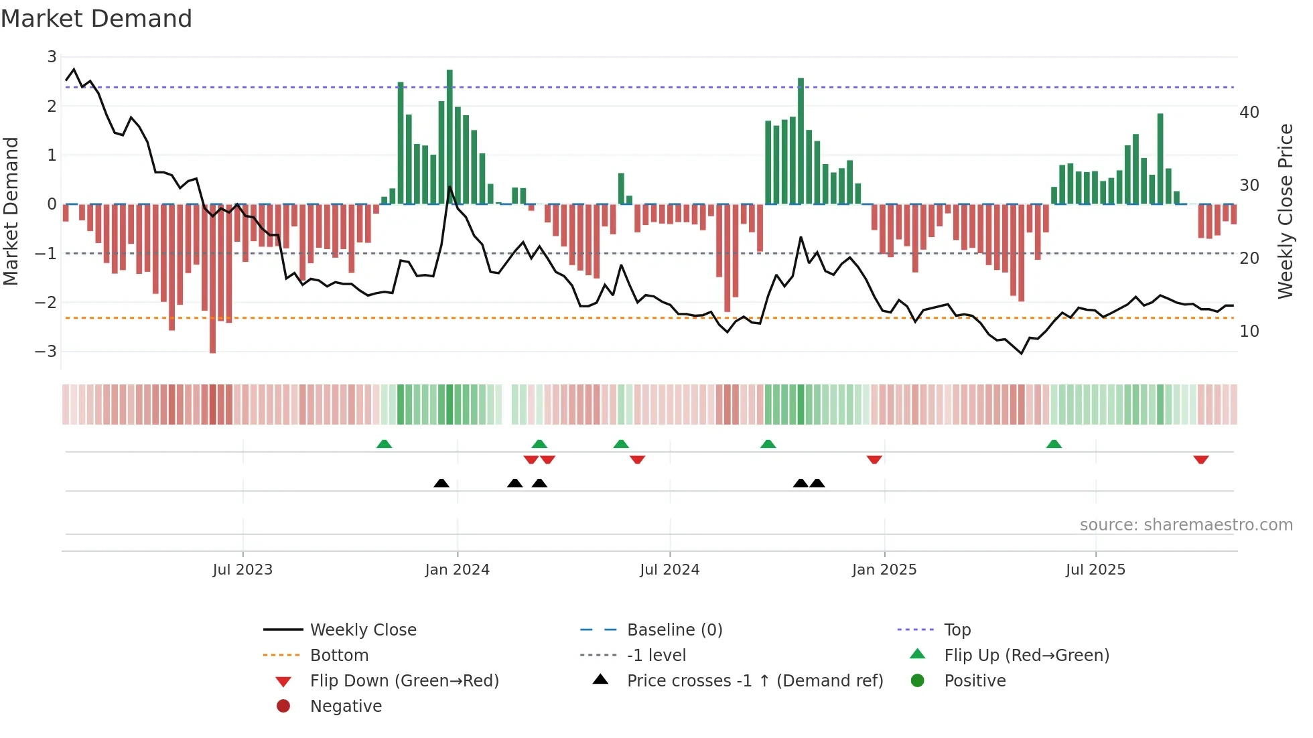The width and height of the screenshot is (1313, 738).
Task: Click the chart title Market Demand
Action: tap(96, 19)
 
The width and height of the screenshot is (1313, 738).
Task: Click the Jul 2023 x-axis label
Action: tap(243, 570)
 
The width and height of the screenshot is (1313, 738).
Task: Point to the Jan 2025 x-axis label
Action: tap(884, 570)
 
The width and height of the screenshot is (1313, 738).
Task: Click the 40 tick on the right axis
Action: tap(1249, 113)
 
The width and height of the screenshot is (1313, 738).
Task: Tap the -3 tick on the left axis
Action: tap(46, 352)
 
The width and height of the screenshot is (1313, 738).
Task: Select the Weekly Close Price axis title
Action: tap(1285, 211)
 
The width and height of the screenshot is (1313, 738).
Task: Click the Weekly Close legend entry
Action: tap(363, 630)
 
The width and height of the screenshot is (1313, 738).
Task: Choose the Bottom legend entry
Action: tap(339, 656)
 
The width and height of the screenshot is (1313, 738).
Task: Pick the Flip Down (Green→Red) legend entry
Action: tap(404, 681)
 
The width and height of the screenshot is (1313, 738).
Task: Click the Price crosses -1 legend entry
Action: tap(755, 681)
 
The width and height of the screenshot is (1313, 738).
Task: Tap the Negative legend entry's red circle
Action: tap(283, 707)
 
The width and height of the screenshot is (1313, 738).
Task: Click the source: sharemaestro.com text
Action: tap(1186, 525)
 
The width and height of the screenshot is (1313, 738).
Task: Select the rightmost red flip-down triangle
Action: tap(1200, 459)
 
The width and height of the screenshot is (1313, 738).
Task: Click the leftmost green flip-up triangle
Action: tap(384, 444)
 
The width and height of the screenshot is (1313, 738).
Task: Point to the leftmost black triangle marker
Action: tap(441, 483)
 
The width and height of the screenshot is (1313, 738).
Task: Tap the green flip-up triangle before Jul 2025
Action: tap(1054, 444)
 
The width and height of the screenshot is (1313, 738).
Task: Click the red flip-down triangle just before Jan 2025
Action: tap(874, 459)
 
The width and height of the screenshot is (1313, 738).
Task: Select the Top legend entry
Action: tap(957, 630)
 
